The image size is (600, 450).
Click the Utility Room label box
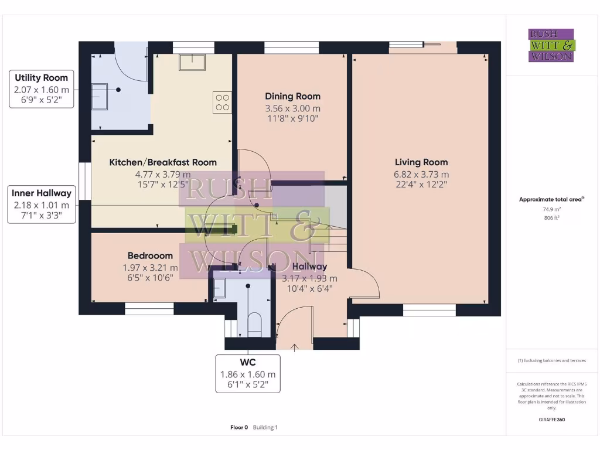coord(42,88)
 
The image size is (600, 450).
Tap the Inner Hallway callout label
coord(42,204)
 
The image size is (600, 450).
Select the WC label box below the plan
coord(248,373)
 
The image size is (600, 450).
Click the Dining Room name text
coord(292,96)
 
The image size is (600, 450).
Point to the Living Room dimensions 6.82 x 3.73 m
coord(421,174)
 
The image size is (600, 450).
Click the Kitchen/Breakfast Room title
coord(163,162)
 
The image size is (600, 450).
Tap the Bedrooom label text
coord(150,255)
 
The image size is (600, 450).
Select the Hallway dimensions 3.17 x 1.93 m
coord(309,278)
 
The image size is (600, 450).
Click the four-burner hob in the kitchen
coord(222,103)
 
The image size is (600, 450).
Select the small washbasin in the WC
coord(219,288)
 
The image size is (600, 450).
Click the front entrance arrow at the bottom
coord(294,347)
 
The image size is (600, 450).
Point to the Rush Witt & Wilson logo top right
coord(551,46)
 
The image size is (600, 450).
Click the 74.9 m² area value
coord(551,208)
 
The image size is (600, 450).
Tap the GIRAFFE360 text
coord(551,420)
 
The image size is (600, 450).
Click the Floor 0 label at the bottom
coord(239,427)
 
